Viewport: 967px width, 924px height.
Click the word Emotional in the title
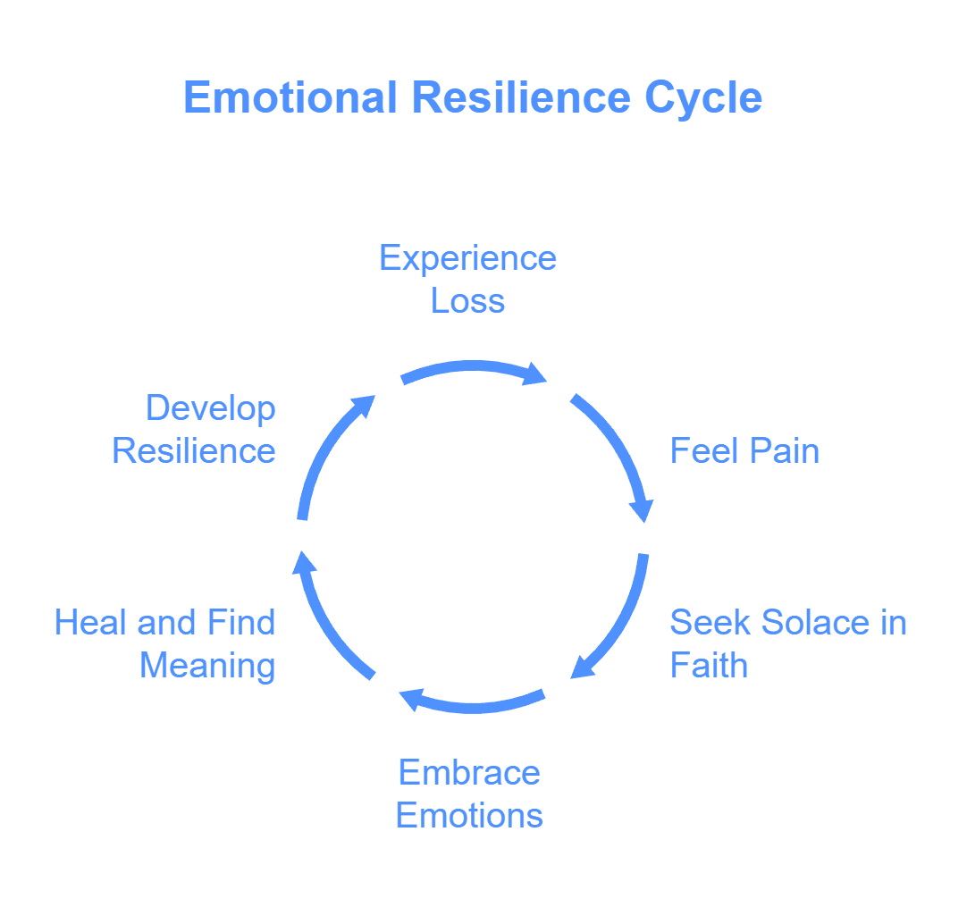(x=290, y=97)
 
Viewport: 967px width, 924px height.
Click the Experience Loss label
(x=467, y=279)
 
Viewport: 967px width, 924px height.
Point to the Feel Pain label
(x=744, y=450)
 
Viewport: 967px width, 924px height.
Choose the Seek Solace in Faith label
(x=787, y=643)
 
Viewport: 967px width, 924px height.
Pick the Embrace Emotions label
(x=469, y=794)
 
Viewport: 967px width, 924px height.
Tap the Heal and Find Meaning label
(x=165, y=643)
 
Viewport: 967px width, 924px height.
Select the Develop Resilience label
(x=194, y=429)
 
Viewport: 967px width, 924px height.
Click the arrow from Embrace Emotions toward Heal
(x=473, y=703)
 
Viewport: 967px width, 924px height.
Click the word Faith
(x=709, y=666)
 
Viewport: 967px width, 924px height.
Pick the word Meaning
(x=207, y=666)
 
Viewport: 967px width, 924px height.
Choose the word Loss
(x=467, y=301)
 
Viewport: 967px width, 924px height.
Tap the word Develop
(x=211, y=408)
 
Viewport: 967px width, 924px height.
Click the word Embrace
(x=469, y=772)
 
